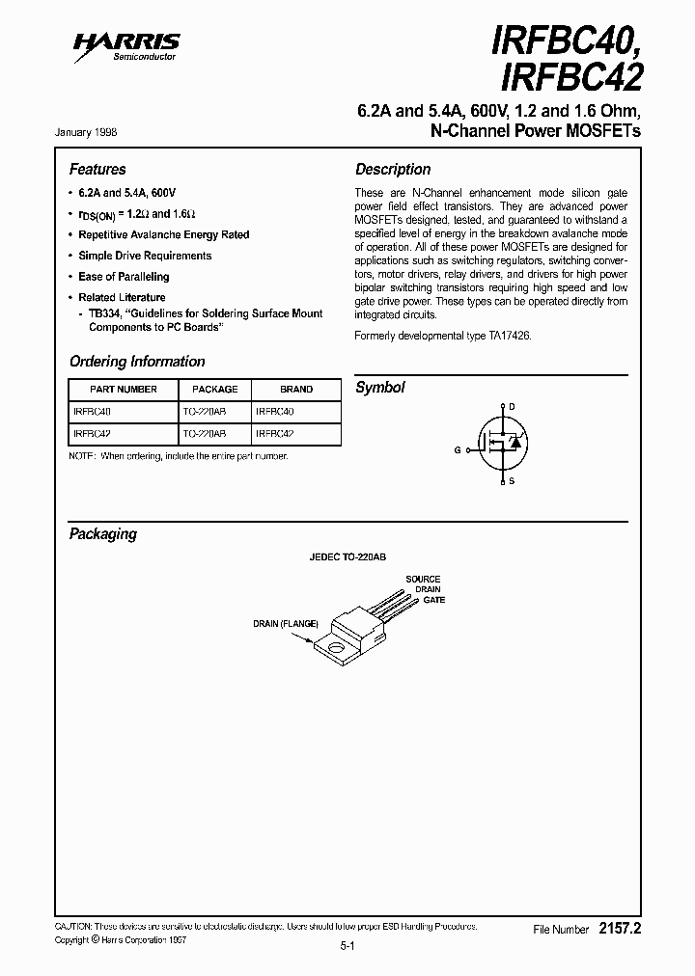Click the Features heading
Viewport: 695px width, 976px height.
click(x=97, y=169)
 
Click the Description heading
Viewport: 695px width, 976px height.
click(x=393, y=169)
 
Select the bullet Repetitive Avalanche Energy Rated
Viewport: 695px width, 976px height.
click(x=163, y=234)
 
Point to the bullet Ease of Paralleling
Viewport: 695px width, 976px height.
click(x=124, y=277)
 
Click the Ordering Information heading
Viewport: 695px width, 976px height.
click(x=137, y=362)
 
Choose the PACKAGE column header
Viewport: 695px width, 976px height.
click(x=215, y=390)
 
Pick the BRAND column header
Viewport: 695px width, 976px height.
click(x=296, y=390)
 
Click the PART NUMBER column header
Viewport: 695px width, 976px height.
click(x=124, y=390)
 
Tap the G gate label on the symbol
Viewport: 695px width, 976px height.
click(x=459, y=449)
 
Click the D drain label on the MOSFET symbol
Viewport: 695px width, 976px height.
click(x=512, y=407)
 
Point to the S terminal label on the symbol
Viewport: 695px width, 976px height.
click(x=512, y=480)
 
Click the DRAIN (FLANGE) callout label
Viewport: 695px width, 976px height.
click(x=286, y=624)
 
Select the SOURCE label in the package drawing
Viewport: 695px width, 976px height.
click(x=423, y=579)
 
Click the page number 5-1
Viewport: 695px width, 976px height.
click(x=348, y=946)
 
